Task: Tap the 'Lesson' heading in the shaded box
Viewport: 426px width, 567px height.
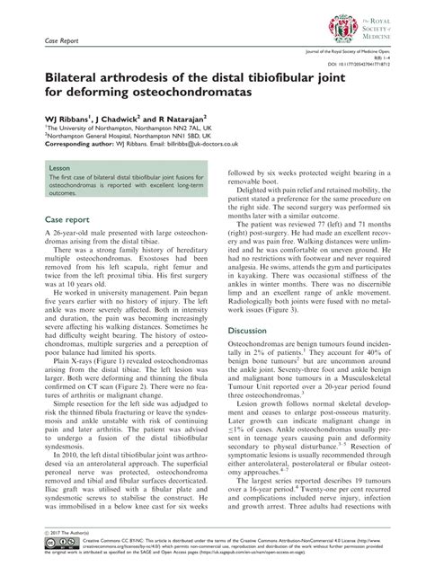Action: [x=59, y=168]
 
